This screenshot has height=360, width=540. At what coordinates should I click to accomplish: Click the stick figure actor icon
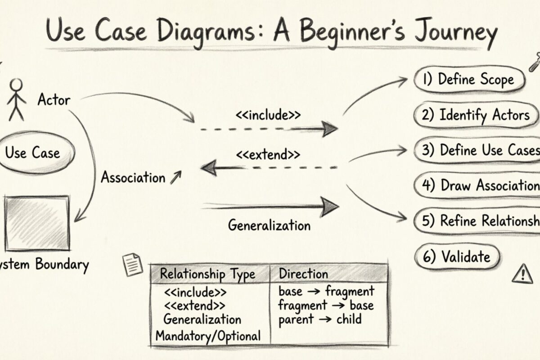[17, 99]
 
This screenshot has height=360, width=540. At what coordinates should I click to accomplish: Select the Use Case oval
[32, 153]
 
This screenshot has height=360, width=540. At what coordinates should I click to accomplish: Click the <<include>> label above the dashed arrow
[268, 115]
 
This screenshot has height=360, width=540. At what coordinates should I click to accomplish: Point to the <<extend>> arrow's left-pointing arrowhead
[208, 168]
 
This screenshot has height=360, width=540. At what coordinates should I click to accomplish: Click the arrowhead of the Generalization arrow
[331, 207]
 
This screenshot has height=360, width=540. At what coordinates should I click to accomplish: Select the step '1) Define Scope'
[469, 80]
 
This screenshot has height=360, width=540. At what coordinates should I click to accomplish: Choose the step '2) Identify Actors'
[476, 115]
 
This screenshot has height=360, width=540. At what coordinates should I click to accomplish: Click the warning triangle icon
[522, 273]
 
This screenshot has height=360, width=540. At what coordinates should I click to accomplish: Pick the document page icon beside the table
[133, 265]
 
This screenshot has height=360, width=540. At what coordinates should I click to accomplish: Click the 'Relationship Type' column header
[207, 274]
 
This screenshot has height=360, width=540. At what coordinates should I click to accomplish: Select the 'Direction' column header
[303, 274]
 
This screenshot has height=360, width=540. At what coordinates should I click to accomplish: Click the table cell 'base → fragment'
[326, 291]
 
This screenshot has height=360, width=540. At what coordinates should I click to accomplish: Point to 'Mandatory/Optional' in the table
[208, 335]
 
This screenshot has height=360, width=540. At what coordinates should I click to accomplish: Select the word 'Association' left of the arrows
[133, 177]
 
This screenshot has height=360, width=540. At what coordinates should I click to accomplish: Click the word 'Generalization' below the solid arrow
[269, 225]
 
